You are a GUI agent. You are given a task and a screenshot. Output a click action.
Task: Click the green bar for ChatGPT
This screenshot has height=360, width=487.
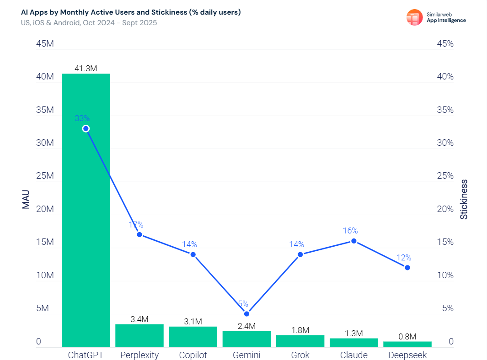[x=86, y=210]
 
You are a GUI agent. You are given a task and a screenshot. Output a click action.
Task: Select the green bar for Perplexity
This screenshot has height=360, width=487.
[x=139, y=336]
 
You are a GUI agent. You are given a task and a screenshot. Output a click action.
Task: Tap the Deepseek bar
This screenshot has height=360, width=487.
[x=407, y=344]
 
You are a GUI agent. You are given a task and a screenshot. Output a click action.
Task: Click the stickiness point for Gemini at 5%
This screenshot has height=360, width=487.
[x=246, y=314]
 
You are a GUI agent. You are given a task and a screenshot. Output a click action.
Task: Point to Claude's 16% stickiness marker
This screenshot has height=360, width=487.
[x=353, y=241]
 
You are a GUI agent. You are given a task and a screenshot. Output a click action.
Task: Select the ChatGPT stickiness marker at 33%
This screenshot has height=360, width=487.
[x=86, y=129]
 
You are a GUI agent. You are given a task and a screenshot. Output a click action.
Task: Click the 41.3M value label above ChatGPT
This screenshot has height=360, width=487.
[x=86, y=69]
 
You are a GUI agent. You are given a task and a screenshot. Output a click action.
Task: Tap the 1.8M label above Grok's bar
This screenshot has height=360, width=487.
[x=300, y=330]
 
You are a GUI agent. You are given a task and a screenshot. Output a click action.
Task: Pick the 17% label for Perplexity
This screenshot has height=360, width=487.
[x=136, y=225]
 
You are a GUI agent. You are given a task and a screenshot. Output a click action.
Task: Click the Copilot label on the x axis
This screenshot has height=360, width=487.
[x=193, y=355]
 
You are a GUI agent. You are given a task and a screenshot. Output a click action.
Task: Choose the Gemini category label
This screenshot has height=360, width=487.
[x=246, y=355]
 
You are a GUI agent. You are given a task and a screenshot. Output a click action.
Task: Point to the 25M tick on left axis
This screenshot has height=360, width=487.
[x=45, y=176]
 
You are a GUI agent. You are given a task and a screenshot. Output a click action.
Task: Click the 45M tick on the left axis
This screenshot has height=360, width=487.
[x=45, y=44]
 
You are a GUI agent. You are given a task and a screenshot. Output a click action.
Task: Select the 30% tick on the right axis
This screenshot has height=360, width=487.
[x=444, y=143]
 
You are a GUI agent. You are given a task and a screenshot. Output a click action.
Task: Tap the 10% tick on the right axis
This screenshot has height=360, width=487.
[x=444, y=275]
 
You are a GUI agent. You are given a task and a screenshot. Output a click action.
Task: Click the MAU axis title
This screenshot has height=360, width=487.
[x=26, y=199]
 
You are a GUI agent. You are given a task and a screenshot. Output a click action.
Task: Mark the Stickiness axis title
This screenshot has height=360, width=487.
[x=464, y=199]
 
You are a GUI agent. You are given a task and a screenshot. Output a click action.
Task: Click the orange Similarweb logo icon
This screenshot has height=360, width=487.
[x=414, y=17]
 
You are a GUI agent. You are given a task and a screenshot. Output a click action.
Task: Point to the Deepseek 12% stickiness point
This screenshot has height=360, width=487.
[x=407, y=268]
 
